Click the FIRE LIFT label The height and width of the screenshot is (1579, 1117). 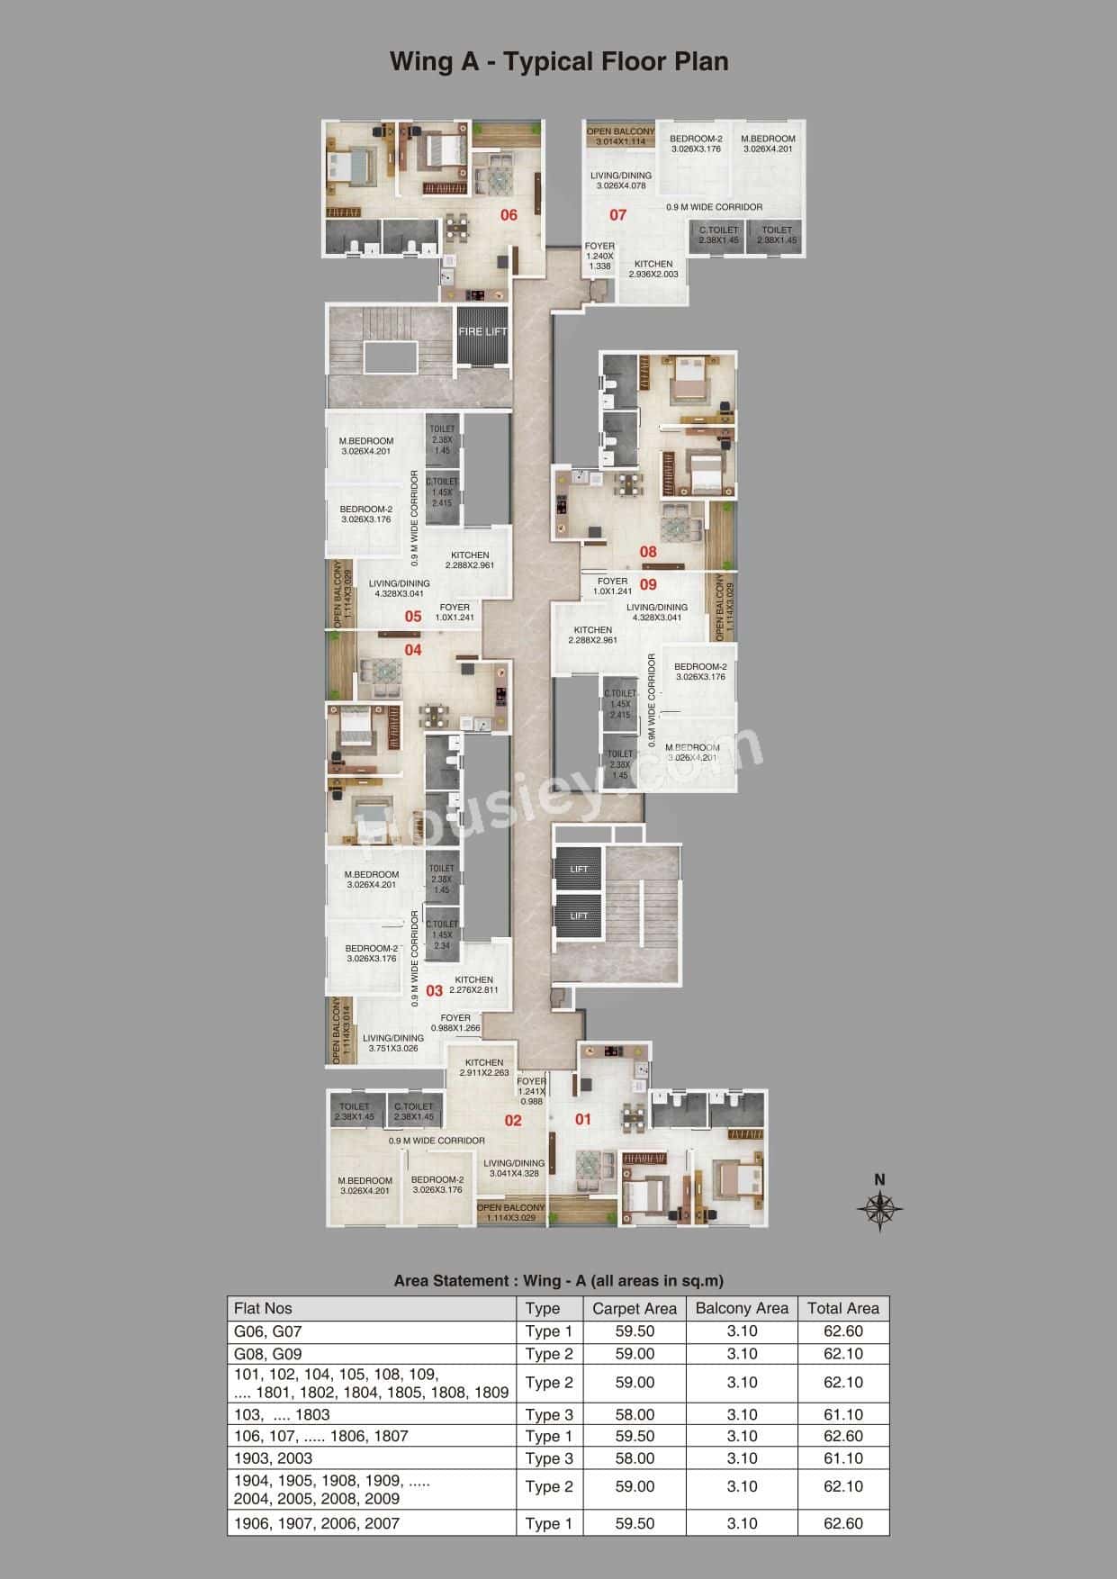pos(482,331)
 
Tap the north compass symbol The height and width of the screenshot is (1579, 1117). pos(880,1208)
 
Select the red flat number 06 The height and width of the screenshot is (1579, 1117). pos(509,215)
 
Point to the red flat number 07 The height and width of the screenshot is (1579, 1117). pos(617,215)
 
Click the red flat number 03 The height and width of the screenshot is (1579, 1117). pos(435,991)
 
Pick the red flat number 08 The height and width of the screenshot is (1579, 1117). pos(648,552)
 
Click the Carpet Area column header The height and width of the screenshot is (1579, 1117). pos(635,1309)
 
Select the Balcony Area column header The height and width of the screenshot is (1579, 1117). pos(742,1309)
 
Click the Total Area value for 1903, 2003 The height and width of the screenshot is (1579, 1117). pos(842,1458)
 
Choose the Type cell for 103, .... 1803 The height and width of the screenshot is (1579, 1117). pos(549,1415)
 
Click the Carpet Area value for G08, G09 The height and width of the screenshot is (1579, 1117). pos(635,1354)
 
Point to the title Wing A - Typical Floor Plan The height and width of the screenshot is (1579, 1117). pos(558,61)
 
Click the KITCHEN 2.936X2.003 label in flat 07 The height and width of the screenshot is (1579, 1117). pos(653,269)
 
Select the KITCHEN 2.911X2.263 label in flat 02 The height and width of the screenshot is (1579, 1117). pos(484,1068)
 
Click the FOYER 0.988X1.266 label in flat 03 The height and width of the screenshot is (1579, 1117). pos(455,1024)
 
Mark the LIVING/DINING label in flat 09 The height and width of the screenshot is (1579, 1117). pos(660,612)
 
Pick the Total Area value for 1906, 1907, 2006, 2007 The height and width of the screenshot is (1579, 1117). pos(842,1523)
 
